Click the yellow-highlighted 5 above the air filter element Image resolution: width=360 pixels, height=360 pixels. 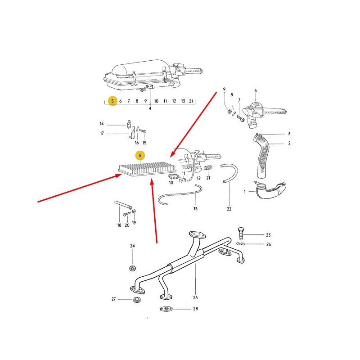(x=140, y=155)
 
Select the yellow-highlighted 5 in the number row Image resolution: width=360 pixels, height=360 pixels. (x=112, y=101)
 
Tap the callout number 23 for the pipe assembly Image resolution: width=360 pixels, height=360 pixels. (x=195, y=297)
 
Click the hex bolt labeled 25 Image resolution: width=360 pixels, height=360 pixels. (x=241, y=233)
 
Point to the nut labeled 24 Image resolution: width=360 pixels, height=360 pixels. (x=132, y=268)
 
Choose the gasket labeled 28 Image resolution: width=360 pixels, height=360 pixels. (x=166, y=309)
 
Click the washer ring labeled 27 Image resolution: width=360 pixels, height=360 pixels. (x=137, y=300)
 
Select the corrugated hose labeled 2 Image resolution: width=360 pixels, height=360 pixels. (x=262, y=156)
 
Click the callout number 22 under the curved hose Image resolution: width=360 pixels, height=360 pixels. (x=229, y=209)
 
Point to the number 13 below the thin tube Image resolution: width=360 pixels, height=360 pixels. (x=195, y=208)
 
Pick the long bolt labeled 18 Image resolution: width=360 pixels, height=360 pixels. (x=123, y=205)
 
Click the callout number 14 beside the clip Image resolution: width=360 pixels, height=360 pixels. (x=102, y=124)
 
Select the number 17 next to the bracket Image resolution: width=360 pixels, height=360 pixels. (x=102, y=133)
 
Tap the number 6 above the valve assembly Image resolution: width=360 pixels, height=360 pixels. (x=256, y=91)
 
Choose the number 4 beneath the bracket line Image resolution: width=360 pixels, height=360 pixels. (x=150, y=108)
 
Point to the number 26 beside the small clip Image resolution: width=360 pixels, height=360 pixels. (x=269, y=244)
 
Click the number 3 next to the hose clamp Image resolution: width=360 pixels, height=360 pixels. (x=289, y=133)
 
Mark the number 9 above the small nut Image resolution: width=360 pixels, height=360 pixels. (x=224, y=89)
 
